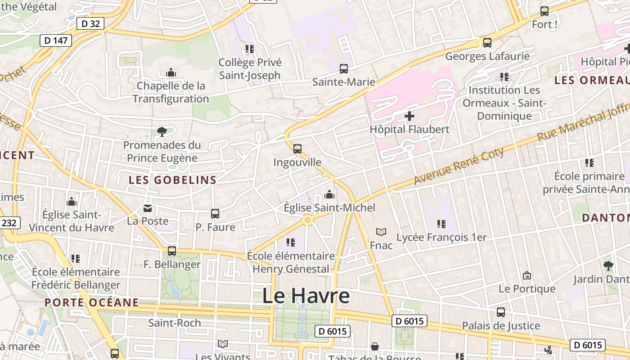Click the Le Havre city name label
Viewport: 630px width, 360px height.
click(306, 296)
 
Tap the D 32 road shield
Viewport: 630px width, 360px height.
click(90, 24)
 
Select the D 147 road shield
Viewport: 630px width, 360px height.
click(56, 40)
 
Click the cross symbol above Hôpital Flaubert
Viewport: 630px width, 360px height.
click(409, 116)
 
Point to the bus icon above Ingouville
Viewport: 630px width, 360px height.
click(297, 149)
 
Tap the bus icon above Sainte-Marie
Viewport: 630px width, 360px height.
click(344, 69)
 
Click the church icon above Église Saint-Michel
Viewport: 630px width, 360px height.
click(329, 194)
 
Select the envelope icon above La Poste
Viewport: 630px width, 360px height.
click(148, 208)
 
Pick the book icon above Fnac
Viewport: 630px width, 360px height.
click(381, 232)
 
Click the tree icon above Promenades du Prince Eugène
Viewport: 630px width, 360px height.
click(162, 132)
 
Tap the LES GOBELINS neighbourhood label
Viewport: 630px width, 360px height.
click(173, 180)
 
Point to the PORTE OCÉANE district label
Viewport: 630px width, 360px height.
click(92, 302)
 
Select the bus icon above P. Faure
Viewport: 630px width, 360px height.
click(215, 214)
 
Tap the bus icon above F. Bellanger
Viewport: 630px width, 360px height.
click(172, 251)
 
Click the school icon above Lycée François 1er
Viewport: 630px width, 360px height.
click(441, 224)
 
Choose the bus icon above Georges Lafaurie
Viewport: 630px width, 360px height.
click(487, 43)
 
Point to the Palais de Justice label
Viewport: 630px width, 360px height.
click(501, 326)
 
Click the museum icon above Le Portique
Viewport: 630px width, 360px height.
click(527, 275)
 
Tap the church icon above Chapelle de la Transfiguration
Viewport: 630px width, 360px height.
click(171, 72)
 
